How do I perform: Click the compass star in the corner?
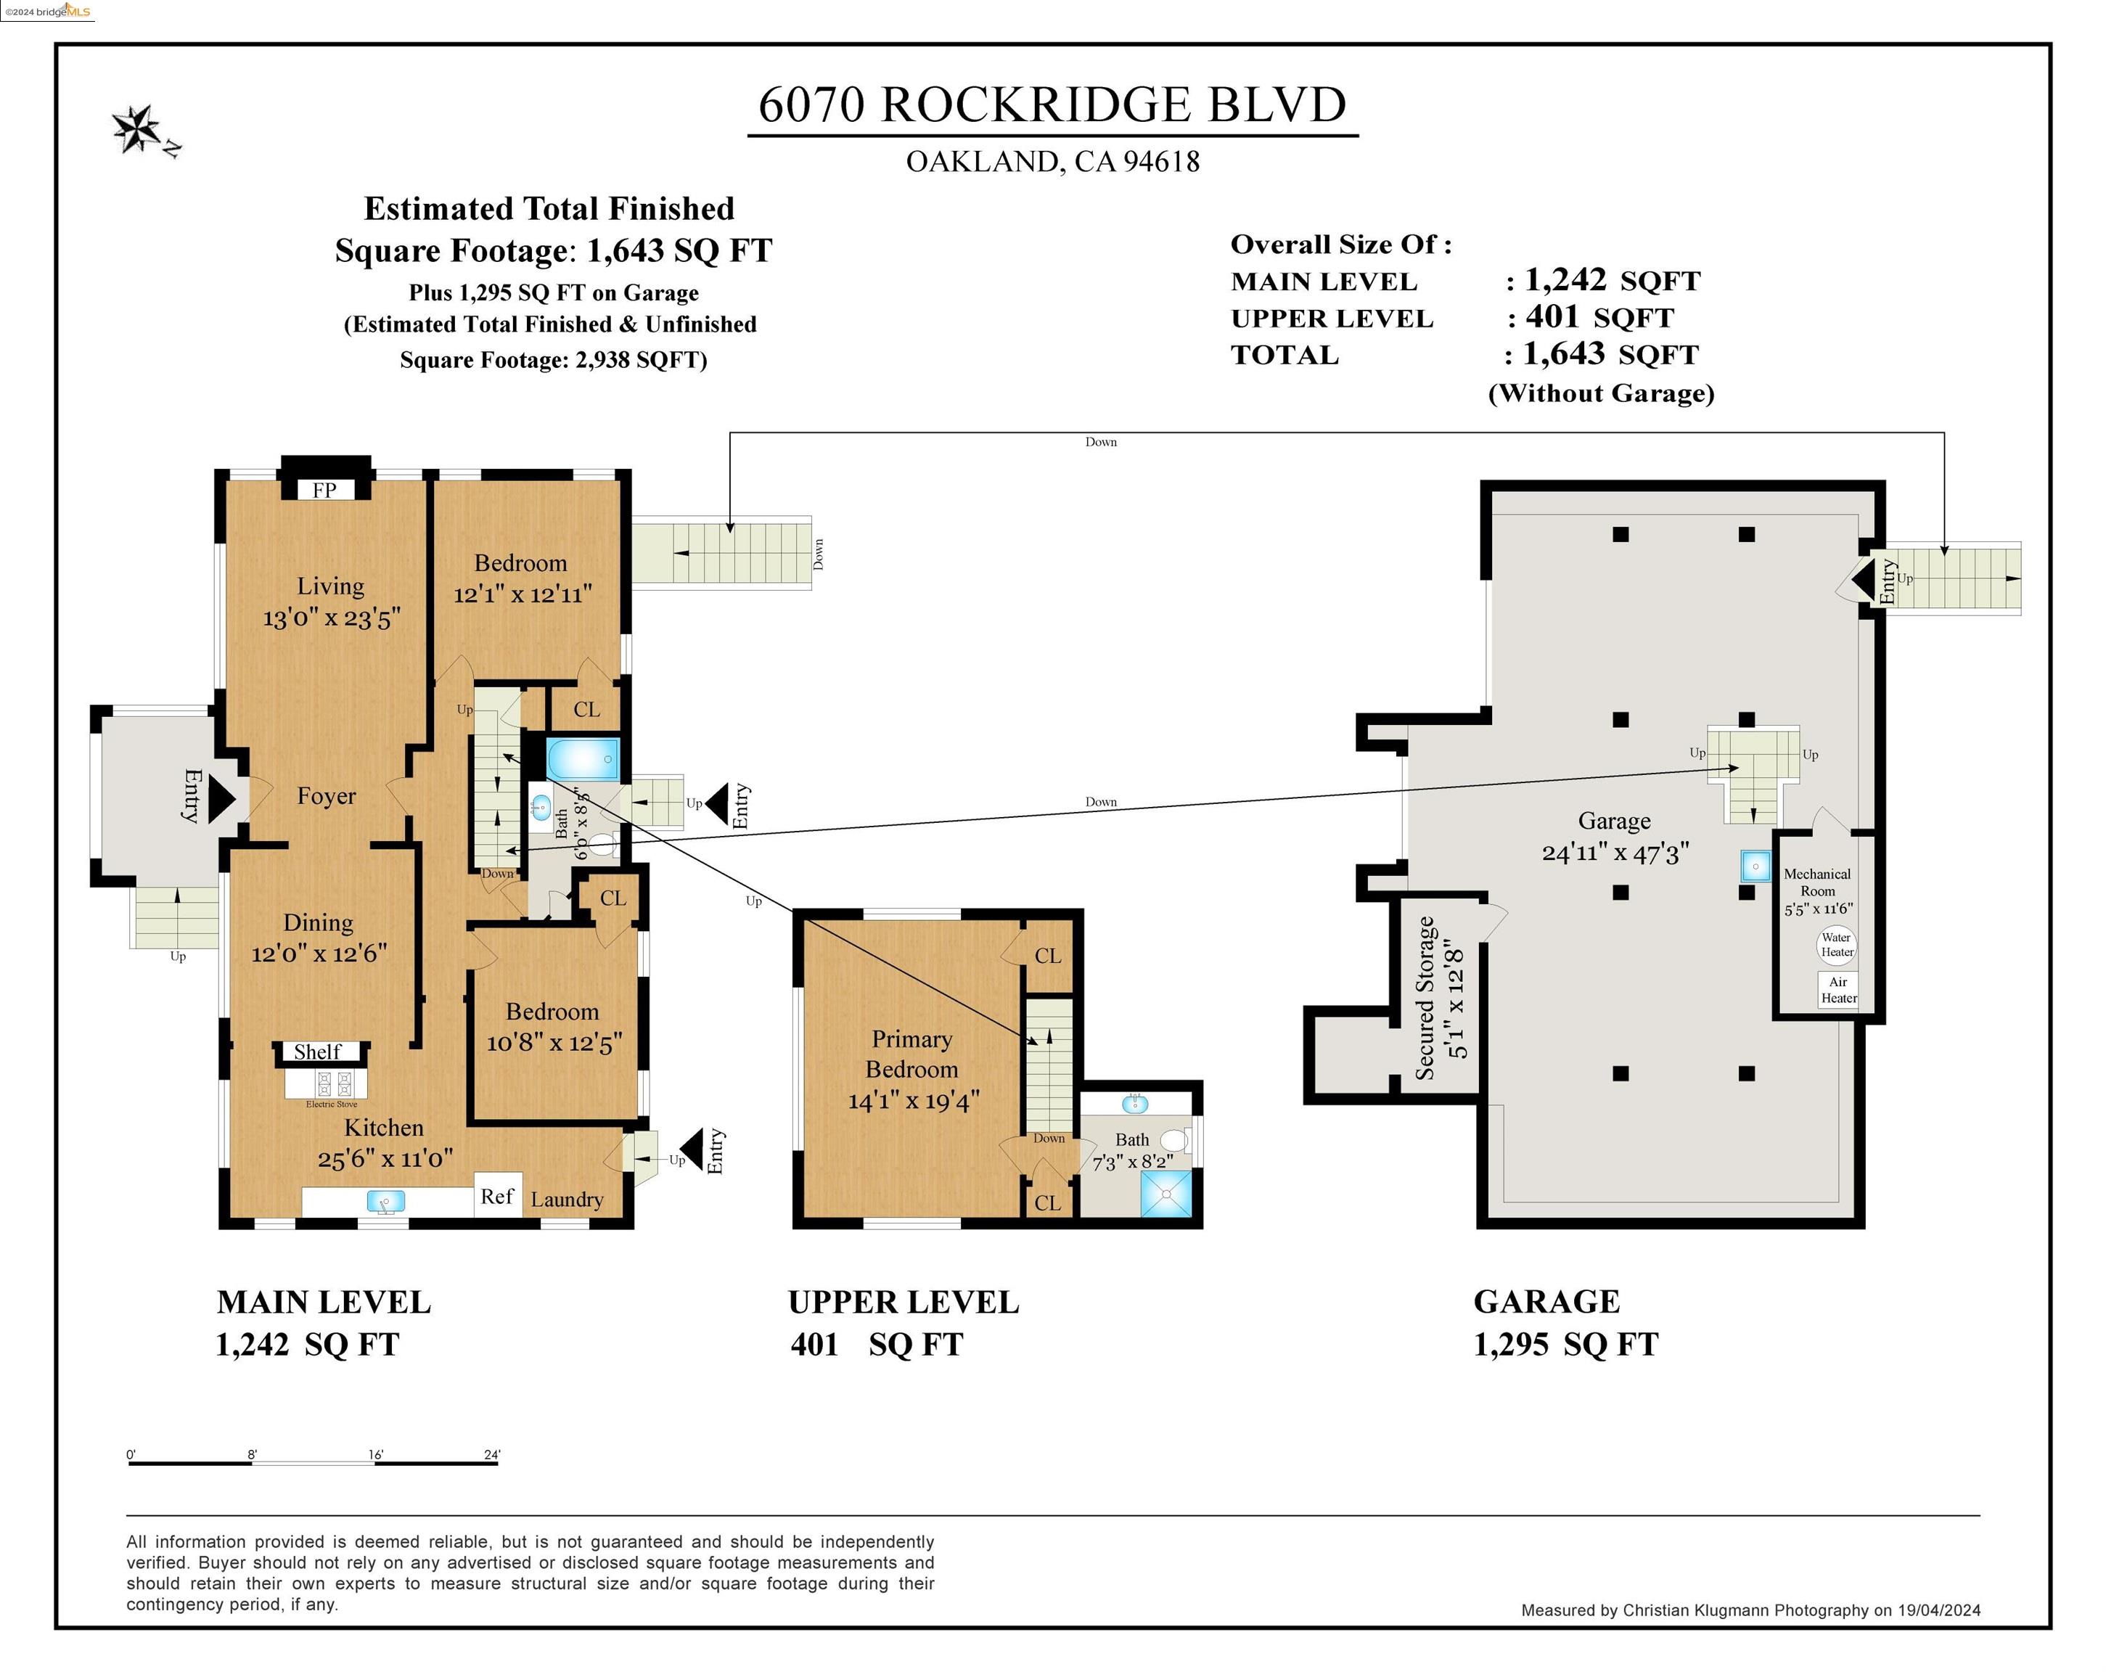136,129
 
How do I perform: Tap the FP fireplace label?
324,491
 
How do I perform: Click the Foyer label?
327,796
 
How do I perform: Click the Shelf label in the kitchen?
317,1052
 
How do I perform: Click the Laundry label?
567,1200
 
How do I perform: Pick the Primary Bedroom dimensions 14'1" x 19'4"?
914,1101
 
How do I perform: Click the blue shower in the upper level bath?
1167,1194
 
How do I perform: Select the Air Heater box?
1838,989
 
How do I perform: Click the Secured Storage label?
1425,997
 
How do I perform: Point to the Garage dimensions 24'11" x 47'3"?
1615,853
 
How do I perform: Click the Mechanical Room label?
1817,882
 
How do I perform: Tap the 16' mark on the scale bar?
376,1455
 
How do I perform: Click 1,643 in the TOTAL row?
1564,353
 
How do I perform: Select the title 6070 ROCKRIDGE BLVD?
1053,104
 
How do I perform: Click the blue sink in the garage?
1755,865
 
